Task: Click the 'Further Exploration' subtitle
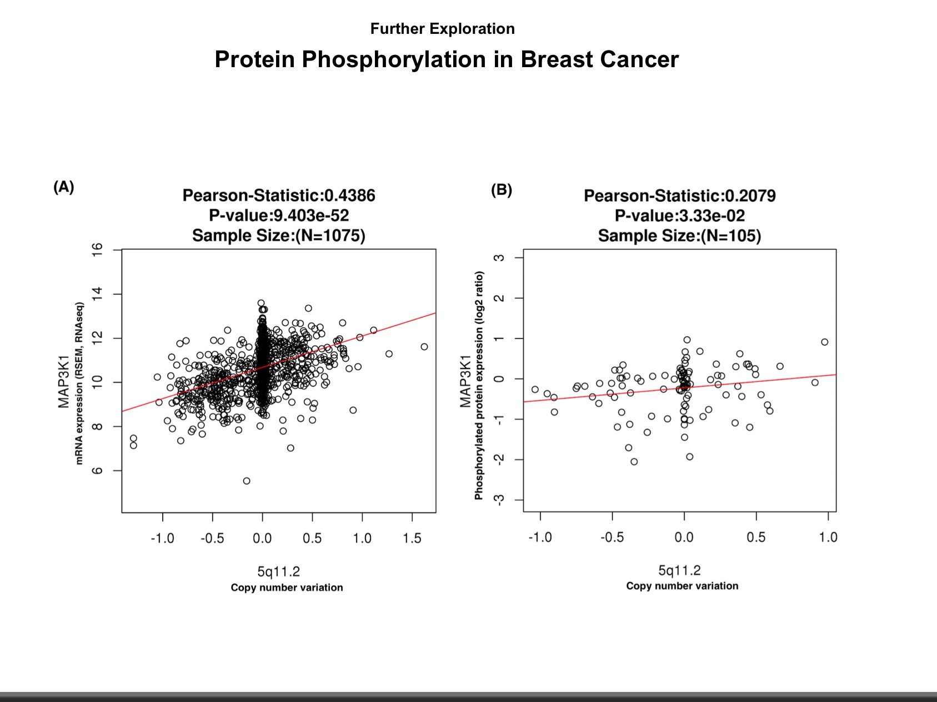442,29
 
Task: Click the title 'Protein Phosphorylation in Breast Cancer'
447,59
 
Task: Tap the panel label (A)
63,187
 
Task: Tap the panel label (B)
501,190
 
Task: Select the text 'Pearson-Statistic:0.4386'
279,195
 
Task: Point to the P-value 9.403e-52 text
279,215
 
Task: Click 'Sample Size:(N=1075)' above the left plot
279,236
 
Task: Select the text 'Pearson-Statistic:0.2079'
679,196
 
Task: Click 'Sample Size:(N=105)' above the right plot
679,236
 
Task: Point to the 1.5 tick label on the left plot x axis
412,538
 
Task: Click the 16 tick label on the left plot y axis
98,250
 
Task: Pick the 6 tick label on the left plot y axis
98,471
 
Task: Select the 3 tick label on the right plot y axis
500,257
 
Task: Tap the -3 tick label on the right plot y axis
500,499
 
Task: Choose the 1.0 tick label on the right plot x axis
828,537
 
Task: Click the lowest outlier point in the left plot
247,481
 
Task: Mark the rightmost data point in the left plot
424,347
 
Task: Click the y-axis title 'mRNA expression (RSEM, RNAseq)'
79,383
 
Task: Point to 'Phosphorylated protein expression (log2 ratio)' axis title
479,385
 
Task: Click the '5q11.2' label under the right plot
679,570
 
